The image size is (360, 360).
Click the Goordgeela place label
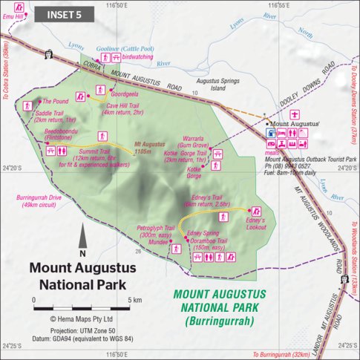point(124,95)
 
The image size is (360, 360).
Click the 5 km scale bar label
point(136,300)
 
